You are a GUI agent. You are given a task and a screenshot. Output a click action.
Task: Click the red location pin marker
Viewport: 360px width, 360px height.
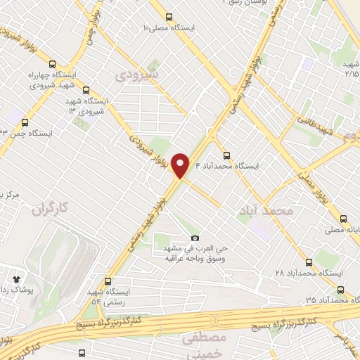[181, 166]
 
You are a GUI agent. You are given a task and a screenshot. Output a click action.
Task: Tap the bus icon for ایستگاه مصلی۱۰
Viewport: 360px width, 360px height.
[169, 17]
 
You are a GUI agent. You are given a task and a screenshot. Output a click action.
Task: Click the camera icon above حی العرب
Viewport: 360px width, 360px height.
[195, 239]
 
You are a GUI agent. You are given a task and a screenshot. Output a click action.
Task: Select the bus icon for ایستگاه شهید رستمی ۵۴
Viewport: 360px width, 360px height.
[107, 281]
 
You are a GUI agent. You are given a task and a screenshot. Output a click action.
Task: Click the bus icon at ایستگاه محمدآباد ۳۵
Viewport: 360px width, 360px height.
[340, 289]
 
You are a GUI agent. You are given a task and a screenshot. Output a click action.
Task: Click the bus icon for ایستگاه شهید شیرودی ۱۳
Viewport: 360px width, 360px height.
[86, 90]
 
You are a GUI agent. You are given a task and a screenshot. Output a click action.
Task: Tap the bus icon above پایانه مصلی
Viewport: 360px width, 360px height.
[343, 219]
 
